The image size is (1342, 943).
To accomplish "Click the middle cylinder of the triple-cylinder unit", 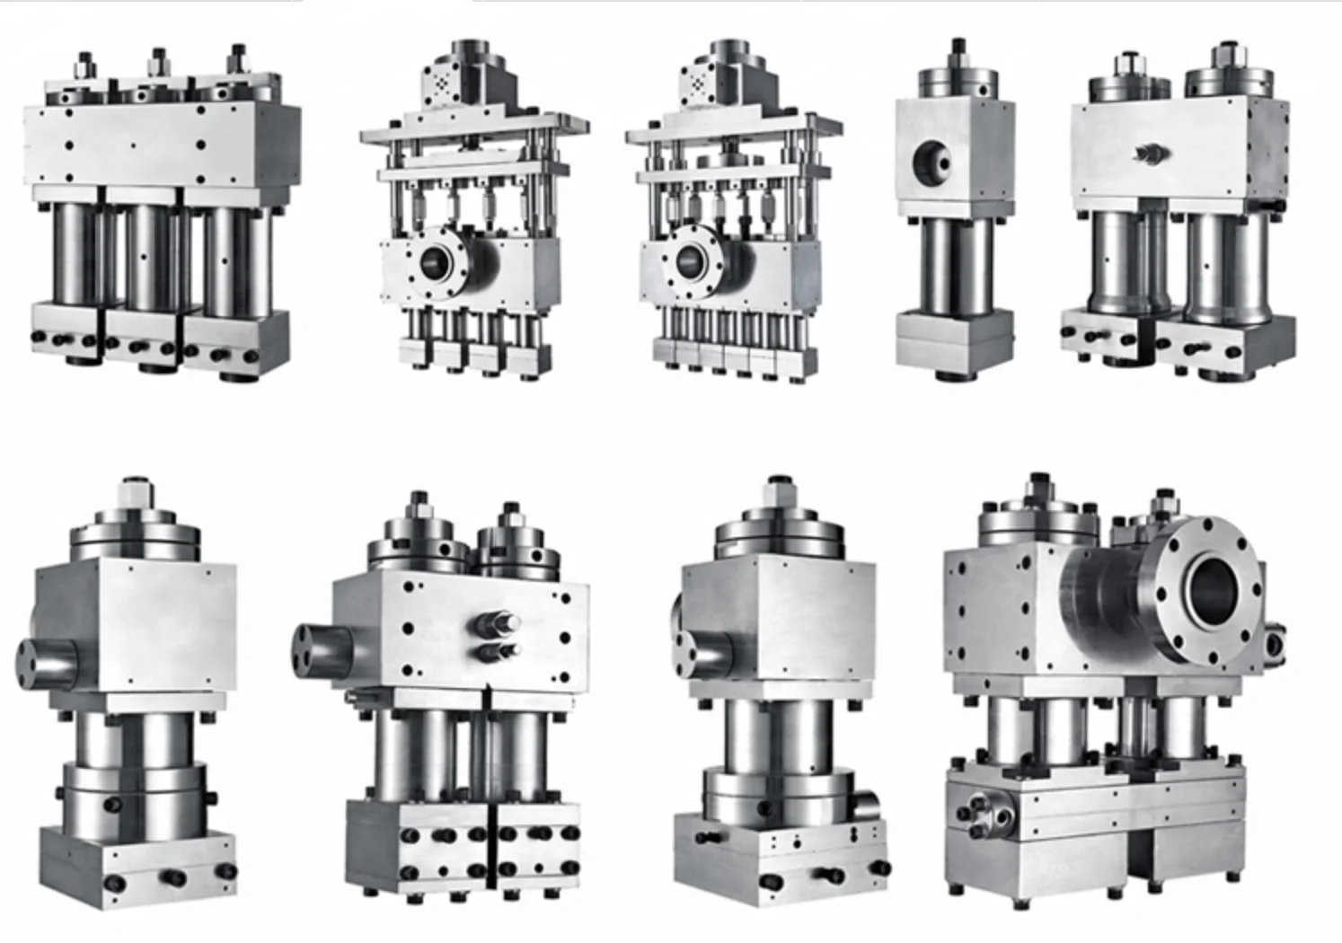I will point(149,254).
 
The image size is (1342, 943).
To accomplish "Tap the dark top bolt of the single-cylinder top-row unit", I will point(958,45).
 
